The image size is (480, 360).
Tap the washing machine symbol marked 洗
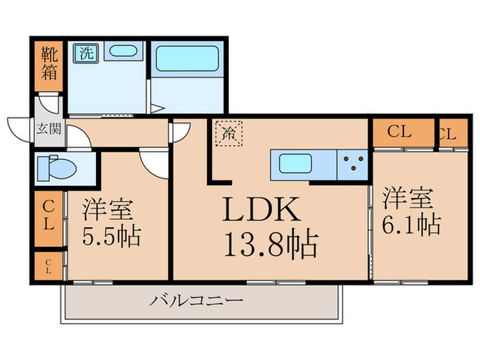86,53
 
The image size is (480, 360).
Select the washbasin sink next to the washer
123,51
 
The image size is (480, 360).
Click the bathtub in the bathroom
187,58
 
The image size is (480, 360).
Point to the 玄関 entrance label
49,129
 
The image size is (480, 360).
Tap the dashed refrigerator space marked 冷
228,134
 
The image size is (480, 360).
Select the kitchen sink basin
296,164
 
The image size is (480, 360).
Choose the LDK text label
261,208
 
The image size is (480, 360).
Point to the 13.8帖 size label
272,244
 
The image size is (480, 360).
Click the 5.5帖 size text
111,236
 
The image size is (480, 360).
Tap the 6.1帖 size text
411,224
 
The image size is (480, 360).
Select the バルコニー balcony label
196,300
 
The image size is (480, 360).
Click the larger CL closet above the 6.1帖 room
403,133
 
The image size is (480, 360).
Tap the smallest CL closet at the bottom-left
49,266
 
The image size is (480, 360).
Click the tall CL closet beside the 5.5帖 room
49,219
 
